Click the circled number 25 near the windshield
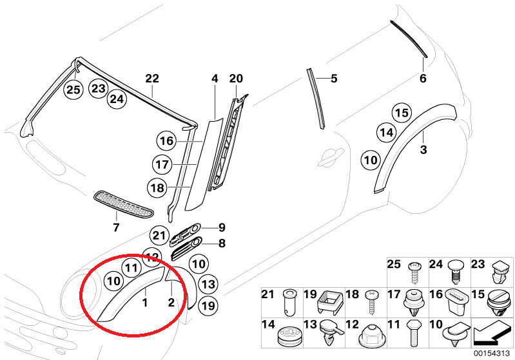74,90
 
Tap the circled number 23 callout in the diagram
97,88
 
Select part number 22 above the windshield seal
151,79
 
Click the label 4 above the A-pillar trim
215,79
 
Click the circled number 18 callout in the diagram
157,188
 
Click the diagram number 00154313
493,354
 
